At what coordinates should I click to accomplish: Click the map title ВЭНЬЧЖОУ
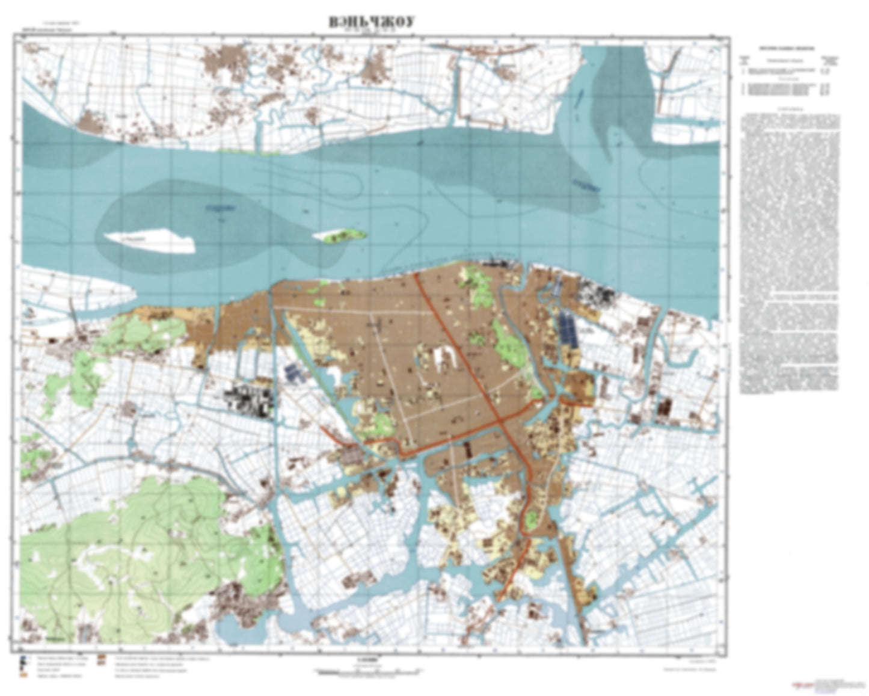pyautogui.click(x=372, y=22)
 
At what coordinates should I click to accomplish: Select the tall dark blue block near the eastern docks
pyautogui.click(x=568, y=330)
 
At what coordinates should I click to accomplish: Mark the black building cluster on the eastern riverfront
pyautogui.click(x=595, y=295)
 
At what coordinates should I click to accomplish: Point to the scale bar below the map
pyautogui.click(x=367, y=670)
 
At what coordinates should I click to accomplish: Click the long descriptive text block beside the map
pyautogui.click(x=788, y=253)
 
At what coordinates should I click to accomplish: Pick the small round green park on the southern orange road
pyautogui.click(x=531, y=519)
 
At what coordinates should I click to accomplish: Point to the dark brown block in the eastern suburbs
pyautogui.click(x=664, y=409)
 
